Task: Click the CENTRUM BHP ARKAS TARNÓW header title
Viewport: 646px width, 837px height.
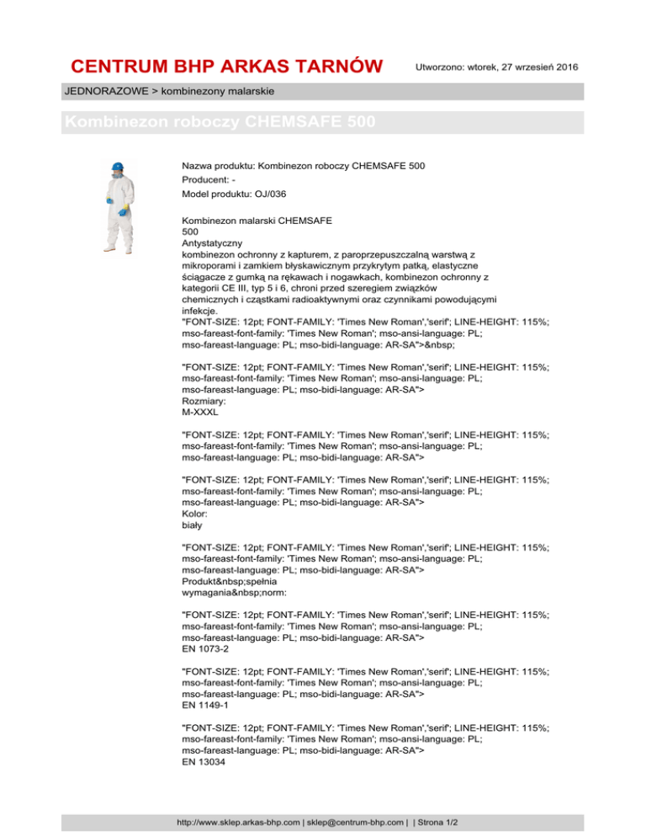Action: click(x=227, y=67)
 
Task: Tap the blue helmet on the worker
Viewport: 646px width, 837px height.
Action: click(x=119, y=165)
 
